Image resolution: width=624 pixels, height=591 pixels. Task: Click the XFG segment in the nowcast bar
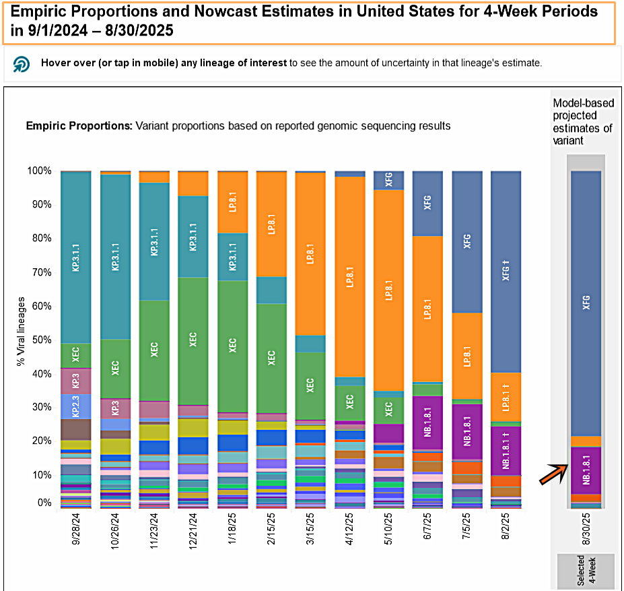click(586, 303)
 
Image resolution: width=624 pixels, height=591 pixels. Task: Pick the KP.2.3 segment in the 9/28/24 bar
click(76, 406)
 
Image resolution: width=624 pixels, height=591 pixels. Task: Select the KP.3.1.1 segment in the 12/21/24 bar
click(193, 236)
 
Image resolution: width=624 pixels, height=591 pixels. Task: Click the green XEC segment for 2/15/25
click(271, 357)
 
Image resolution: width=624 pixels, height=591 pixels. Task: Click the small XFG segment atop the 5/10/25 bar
click(388, 180)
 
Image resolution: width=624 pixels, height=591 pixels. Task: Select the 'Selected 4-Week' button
click(586, 570)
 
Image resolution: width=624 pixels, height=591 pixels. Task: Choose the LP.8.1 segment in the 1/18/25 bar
click(232, 202)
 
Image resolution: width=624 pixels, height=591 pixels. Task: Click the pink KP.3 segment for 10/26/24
click(115, 408)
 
